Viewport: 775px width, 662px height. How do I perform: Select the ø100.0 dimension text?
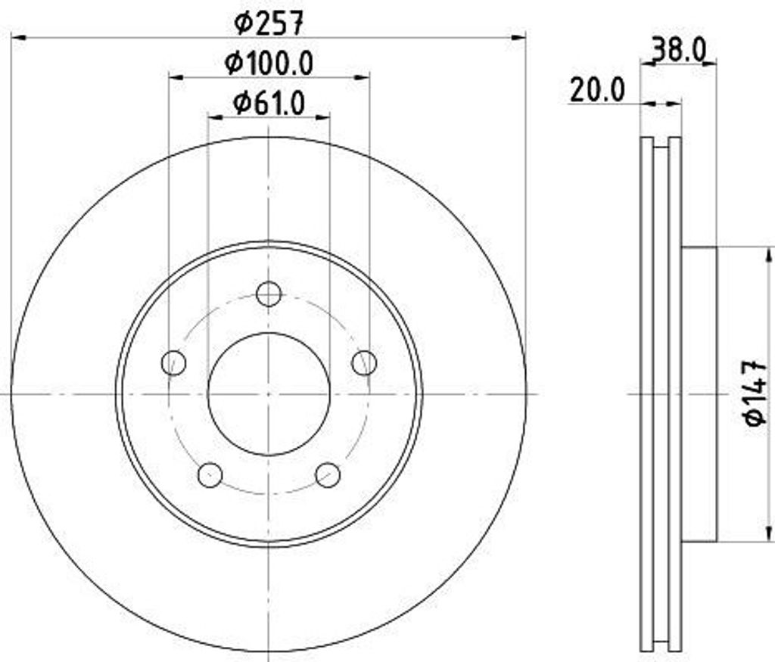point(269,64)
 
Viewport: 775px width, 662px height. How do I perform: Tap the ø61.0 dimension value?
point(269,103)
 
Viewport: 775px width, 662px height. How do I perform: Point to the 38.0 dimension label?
point(678,51)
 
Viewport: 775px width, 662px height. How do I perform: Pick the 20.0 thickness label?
point(598,91)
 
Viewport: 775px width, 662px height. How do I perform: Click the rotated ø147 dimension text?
point(757,393)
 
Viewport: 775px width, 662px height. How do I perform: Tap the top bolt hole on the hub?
point(269,294)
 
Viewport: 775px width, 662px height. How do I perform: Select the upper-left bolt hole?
point(174,362)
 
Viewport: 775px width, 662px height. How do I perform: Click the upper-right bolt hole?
point(364,362)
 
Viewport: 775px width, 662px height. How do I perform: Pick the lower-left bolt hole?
point(210,474)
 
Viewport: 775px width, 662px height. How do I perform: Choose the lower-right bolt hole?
point(328,474)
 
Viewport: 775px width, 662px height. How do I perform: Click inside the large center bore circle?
point(269,393)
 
